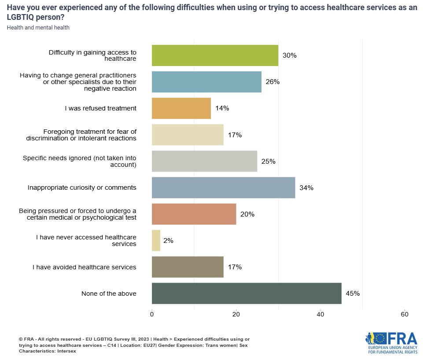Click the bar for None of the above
tap(247, 294)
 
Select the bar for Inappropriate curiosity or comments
tap(223, 188)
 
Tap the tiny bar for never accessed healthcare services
tap(156, 241)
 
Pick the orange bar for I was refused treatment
tap(181, 108)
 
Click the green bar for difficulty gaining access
tap(215, 55)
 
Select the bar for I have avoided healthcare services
tap(188, 267)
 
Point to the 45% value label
tap(353, 294)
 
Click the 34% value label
tap(306, 188)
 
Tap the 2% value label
tap(168, 241)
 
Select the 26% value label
tap(273, 82)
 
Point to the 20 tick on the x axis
tap(236, 314)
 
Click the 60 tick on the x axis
tap(405, 314)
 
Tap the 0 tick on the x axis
tap(152, 314)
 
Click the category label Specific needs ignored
tap(80, 162)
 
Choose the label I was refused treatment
tap(100, 108)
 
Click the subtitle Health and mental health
tap(38, 28)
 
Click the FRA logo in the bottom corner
tap(391, 343)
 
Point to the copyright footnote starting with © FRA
tap(134, 345)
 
